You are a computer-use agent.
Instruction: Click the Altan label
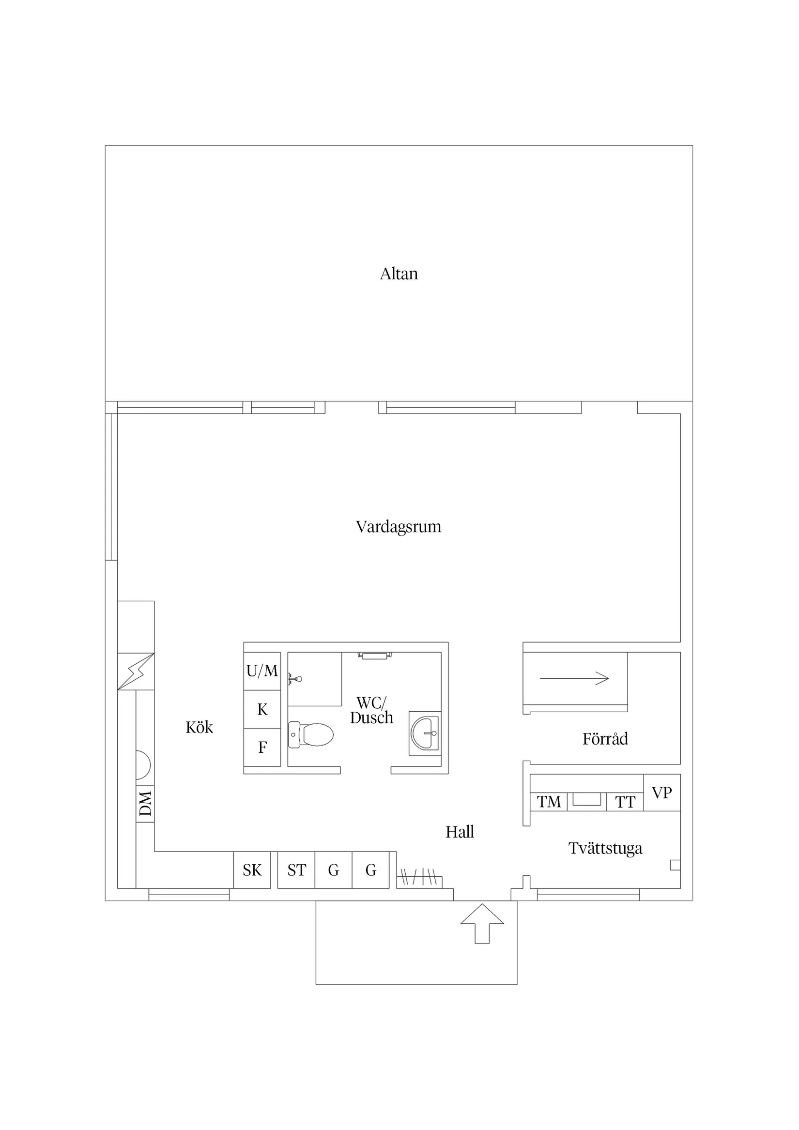click(x=399, y=274)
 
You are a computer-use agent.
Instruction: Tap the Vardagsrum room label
click(x=399, y=527)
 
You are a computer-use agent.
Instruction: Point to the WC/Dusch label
click(x=372, y=710)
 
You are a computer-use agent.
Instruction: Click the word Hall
click(x=460, y=832)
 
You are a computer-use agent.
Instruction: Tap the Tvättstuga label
click(x=605, y=849)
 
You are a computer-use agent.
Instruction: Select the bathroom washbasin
click(x=424, y=733)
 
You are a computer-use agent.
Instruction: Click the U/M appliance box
click(x=262, y=672)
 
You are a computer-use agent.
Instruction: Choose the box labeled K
click(x=262, y=710)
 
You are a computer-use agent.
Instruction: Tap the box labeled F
click(x=262, y=748)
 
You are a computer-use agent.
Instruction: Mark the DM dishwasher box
click(x=145, y=804)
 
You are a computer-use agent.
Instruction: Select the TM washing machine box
click(x=549, y=802)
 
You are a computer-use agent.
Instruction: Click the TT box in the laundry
click(x=625, y=802)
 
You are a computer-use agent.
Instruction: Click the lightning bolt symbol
click(x=136, y=672)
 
